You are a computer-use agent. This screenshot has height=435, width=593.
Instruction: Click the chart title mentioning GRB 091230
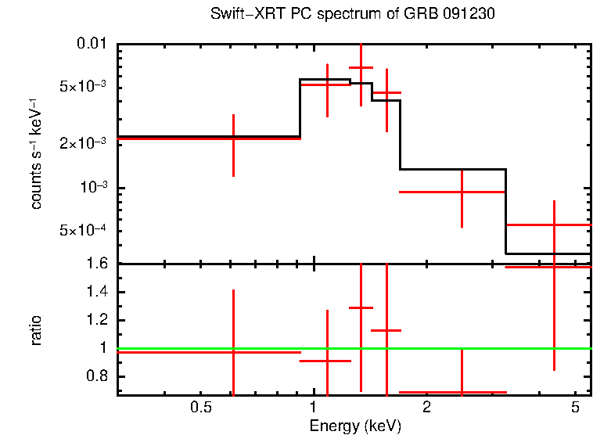coord(353,15)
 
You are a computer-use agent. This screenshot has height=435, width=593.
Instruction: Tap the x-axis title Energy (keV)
coord(355,426)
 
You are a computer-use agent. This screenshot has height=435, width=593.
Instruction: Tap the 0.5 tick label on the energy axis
coord(201,408)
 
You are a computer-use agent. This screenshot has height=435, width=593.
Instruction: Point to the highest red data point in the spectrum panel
coord(361,68)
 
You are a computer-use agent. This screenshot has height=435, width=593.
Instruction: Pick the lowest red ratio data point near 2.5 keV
coord(462,392)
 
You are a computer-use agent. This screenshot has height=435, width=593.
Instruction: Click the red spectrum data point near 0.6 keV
coord(233,138)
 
